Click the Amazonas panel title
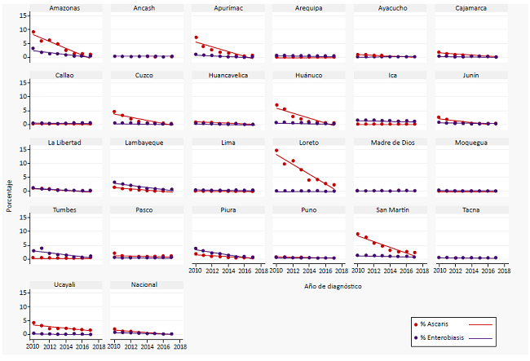[64, 7]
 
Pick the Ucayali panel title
[64, 285]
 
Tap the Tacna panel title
[470, 210]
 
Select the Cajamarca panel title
[470, 7]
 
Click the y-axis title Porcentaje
[9, 196]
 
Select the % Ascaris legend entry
[440, 324]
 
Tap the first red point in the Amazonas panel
[33, 32]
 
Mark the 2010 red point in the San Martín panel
[358, 235]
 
